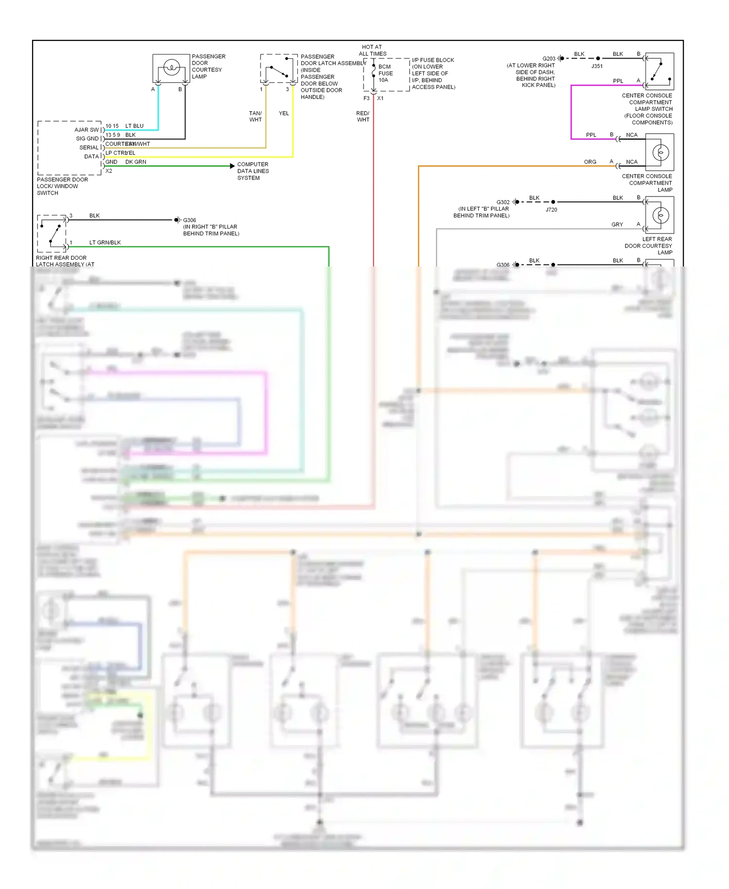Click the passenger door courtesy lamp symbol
(x=171, y=68)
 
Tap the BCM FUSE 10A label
(x=385, y=73)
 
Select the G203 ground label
(x=549, y=59)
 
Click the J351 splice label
(x=597, y=66)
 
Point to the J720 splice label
(x=551, y=210)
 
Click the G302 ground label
(x=503, y=202)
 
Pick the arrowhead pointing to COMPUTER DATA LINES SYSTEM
(x=232, y=166)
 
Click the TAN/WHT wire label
(x=256, y=116)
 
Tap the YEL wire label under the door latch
(x=284, y=113)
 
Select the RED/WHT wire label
(x=363, y=116)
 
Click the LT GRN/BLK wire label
(x=105, y=242)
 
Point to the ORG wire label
(x=590, y=162)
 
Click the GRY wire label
(x=617, y=225)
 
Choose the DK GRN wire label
(x=136, y=162)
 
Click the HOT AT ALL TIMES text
(x=372, y=51)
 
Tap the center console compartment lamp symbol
(x=660, y=152)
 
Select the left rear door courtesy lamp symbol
(x=660, y=215)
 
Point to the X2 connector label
(x=109, y=171)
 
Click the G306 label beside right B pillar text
(x=190, y=220)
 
